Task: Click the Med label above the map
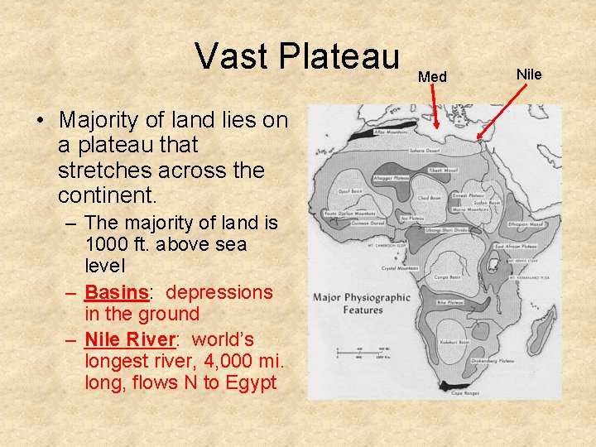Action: tap(432, 77)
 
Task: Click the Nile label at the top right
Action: tap(529, 74)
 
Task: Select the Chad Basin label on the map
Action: tap(429, 198)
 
